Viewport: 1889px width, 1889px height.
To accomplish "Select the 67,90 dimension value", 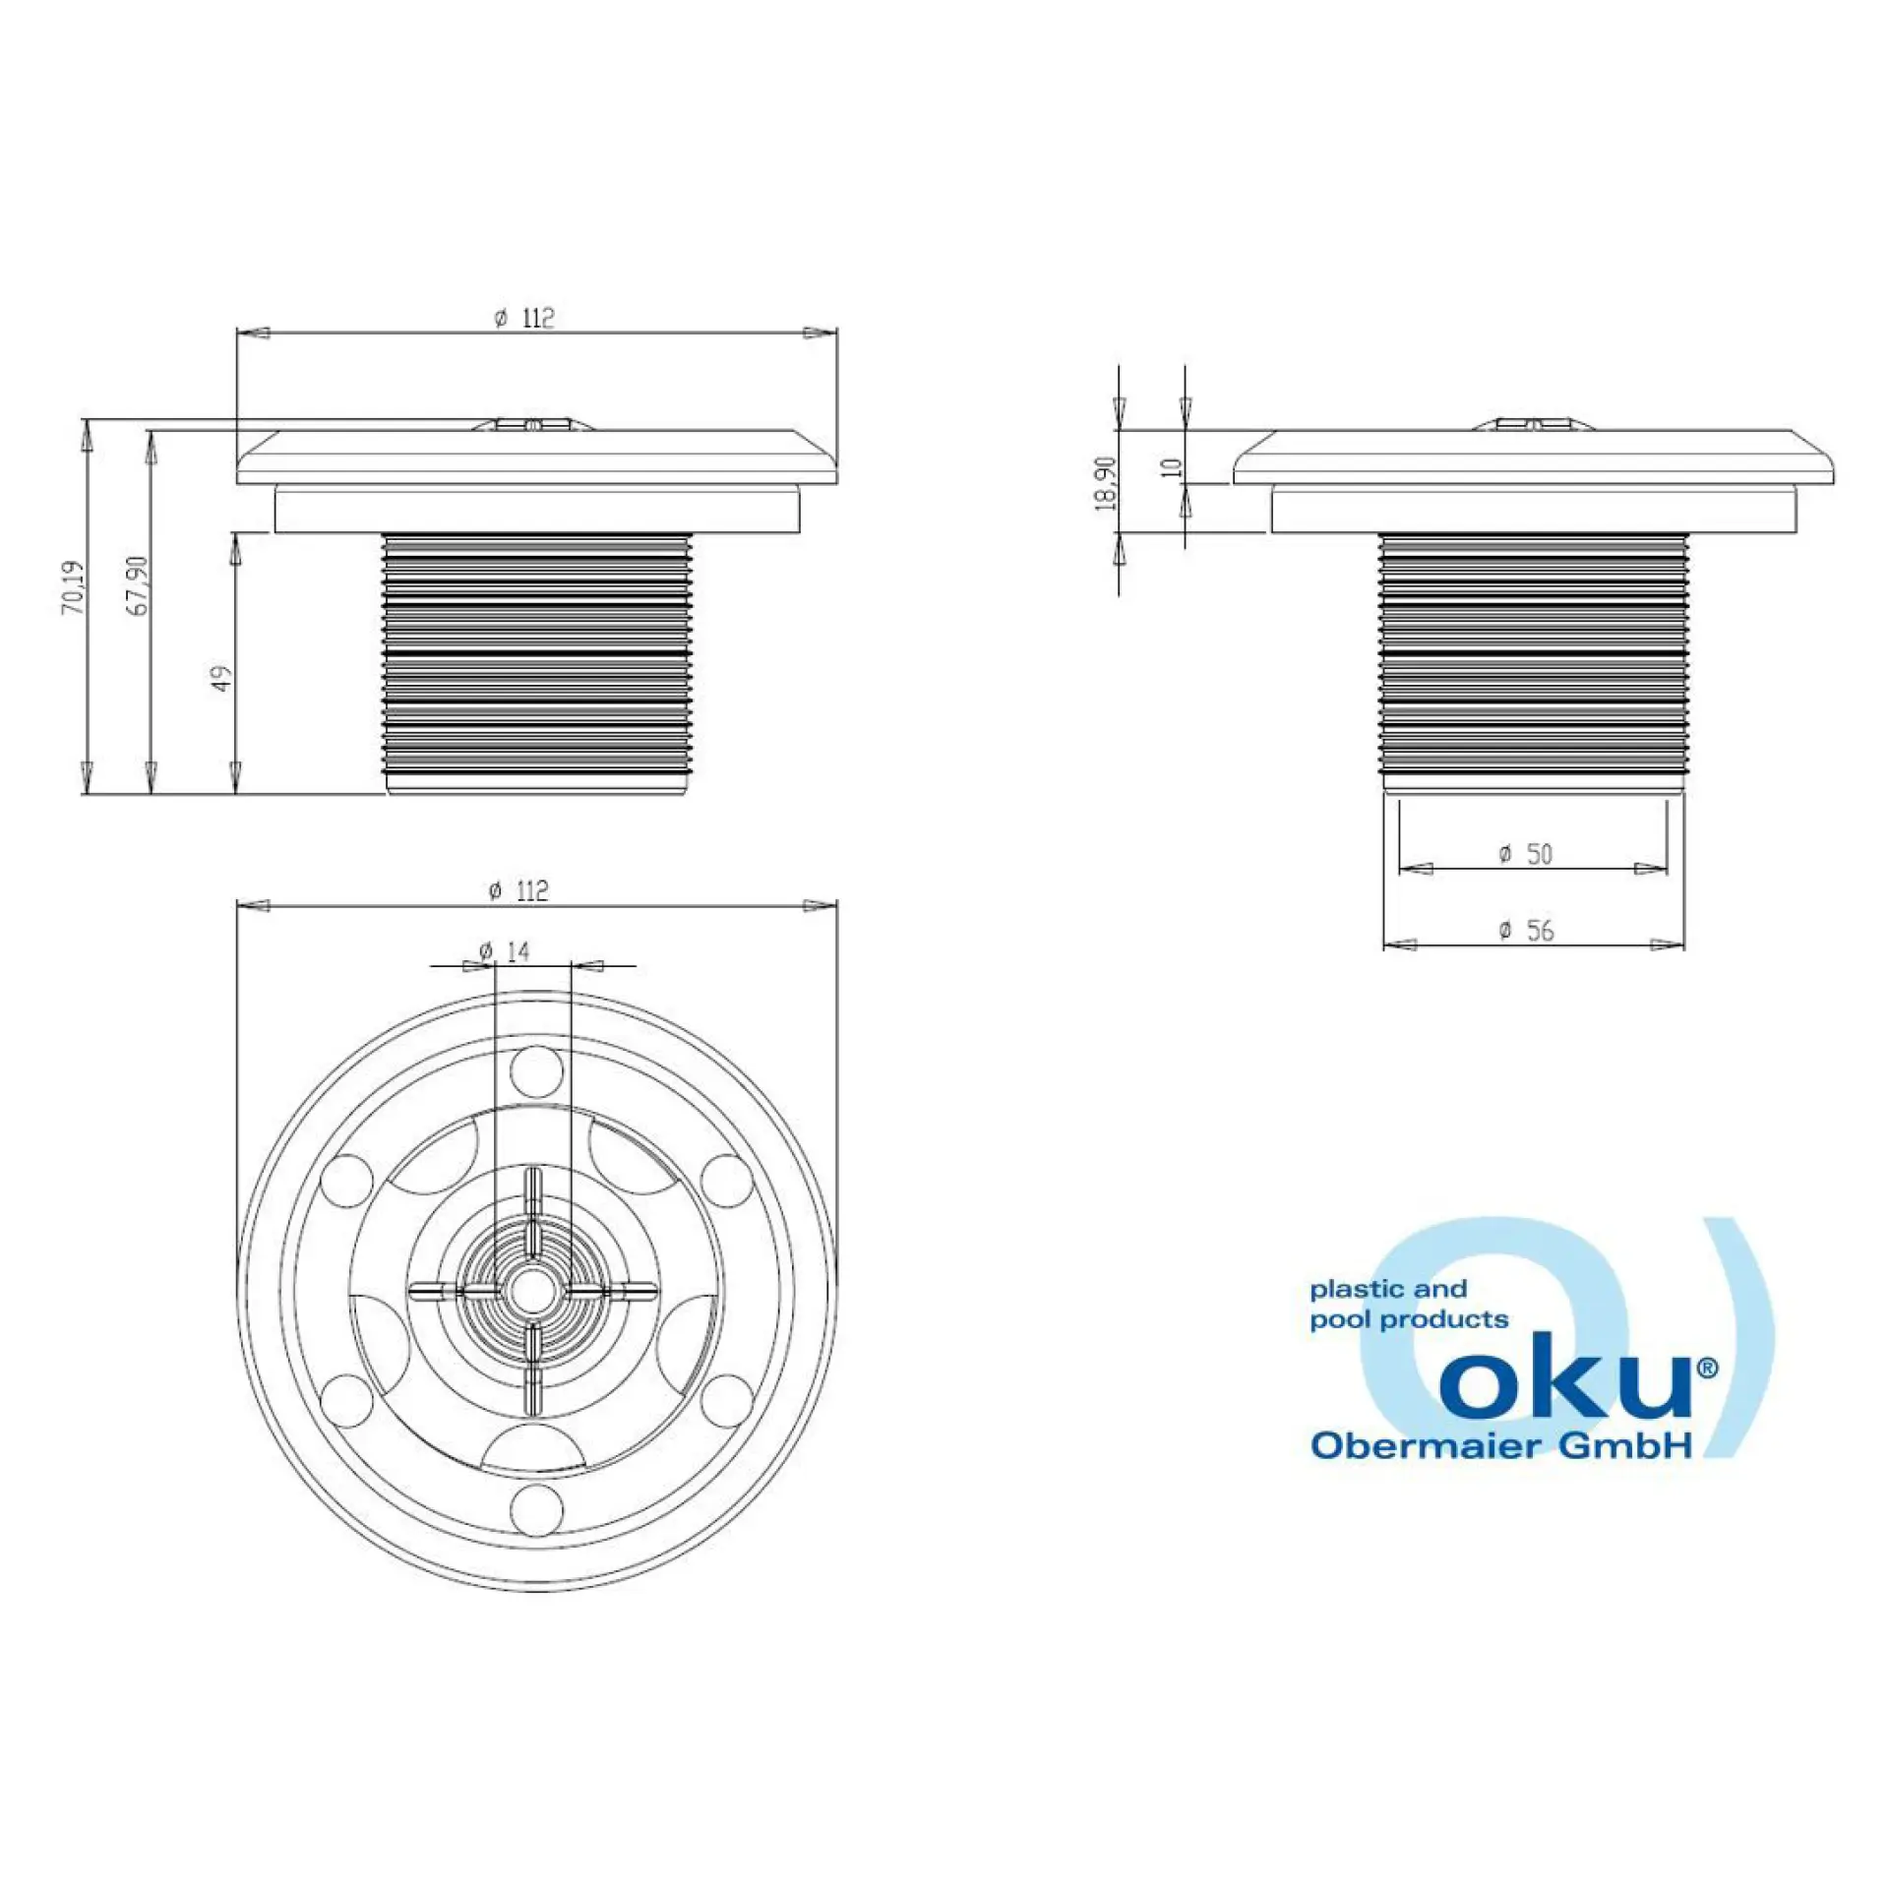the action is click(x=139, y=586).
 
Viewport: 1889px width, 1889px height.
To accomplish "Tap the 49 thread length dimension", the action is click(x=223, y=679).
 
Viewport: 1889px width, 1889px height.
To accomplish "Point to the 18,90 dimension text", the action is click(x=1106, y=482).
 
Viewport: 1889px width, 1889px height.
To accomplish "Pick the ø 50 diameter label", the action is click(x=1525, y=854).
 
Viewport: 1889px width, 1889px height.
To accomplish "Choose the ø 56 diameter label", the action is click(x=1526, y=930).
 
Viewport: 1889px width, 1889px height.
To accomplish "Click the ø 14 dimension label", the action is click(x=505, y=950).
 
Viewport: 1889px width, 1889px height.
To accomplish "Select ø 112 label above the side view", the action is click(x=524, y=318).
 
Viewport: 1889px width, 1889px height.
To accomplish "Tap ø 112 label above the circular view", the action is click(x=518, y=890).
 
